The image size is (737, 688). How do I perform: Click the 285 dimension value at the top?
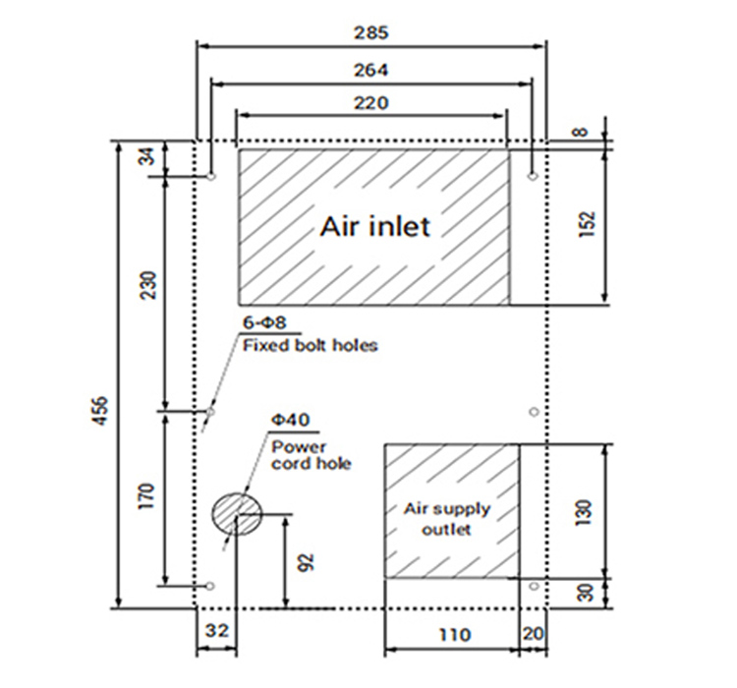(371, 32)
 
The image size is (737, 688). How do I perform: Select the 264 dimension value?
(371, 70)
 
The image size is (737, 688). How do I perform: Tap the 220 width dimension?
(371, 101)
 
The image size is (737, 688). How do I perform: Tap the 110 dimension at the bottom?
(451, 634)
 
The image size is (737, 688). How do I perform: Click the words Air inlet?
(374, 226)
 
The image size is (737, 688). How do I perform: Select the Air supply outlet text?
(447, 519)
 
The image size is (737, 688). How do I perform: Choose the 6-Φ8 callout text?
(264, 323)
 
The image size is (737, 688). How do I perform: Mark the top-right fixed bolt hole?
(532, 177)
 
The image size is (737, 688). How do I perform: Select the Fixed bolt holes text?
(310, 345)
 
